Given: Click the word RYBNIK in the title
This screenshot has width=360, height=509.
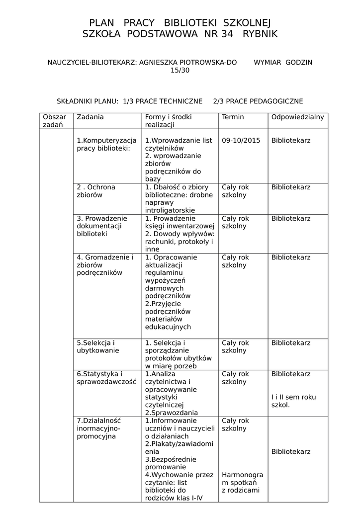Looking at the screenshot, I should (260, 34).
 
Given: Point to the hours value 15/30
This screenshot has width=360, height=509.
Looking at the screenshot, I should (180, 70).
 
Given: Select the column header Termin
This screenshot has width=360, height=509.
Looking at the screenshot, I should (233, 117).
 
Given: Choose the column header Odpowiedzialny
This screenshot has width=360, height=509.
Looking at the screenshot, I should (297, 117).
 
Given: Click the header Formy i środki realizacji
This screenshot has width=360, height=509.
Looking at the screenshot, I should (168, 121).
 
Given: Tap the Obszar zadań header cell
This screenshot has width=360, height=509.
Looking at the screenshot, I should (54, 121).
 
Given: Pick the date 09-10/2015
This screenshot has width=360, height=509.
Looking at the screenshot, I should (241, 141).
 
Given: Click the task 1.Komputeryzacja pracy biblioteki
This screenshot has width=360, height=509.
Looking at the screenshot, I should (106, 144).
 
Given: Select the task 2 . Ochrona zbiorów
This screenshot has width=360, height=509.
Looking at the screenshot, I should (95, 191).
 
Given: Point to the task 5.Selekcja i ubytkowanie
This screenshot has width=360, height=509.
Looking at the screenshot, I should (98, 346).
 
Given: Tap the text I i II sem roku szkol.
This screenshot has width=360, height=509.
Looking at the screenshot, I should (293, 401).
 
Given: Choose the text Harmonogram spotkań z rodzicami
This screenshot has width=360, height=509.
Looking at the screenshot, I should (242, 482).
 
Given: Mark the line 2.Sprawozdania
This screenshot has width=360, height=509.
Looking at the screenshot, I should (171, 413).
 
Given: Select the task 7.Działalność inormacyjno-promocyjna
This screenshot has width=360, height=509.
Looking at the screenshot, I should (99, 428).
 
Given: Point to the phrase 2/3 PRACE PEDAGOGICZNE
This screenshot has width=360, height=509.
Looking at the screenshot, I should (258, 101).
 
